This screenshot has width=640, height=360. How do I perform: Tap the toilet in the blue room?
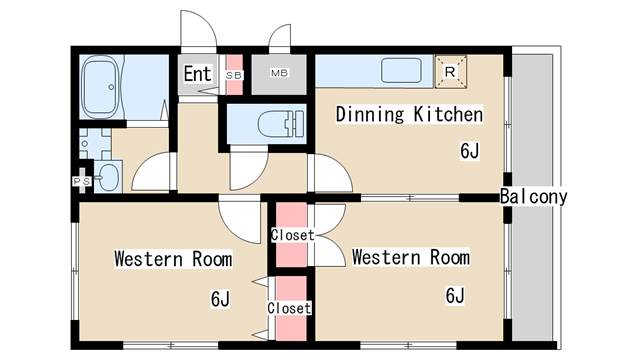click(275, 126)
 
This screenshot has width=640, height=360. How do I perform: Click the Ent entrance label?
click(197, 74)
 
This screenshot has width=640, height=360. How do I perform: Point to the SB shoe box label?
click(234, 75)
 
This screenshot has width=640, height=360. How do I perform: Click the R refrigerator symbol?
click(449, 71)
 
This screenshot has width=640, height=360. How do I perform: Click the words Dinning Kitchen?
click(409, 114)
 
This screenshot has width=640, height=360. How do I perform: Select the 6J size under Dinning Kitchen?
click(470, 152)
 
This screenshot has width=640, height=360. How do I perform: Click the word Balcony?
click(533, 197)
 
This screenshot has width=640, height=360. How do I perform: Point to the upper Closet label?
click(292, 235)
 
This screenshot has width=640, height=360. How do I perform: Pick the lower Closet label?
click(289, 308)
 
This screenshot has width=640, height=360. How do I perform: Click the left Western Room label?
click(173, 259)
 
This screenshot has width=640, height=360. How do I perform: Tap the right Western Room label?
click(410, 257)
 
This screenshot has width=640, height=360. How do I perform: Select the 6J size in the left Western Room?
click(220, 298)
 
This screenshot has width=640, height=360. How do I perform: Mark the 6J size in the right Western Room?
click(456, 295)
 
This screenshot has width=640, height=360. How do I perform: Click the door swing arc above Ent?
click(196, 30)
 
